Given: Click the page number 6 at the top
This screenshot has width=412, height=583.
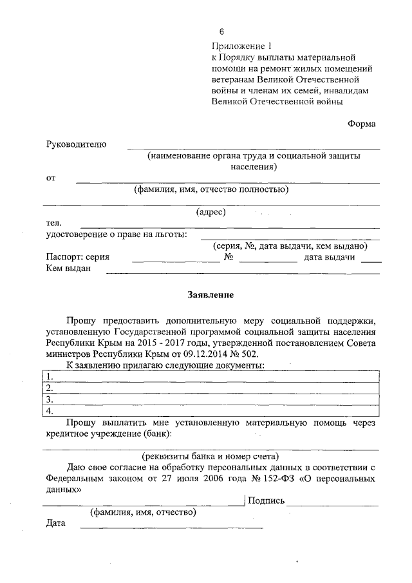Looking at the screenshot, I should point(221,32).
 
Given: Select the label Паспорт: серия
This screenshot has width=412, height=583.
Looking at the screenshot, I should point(78,257).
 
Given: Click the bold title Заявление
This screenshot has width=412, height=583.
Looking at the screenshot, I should point(210,295).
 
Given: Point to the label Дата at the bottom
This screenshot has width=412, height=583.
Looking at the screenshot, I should point(57,523).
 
